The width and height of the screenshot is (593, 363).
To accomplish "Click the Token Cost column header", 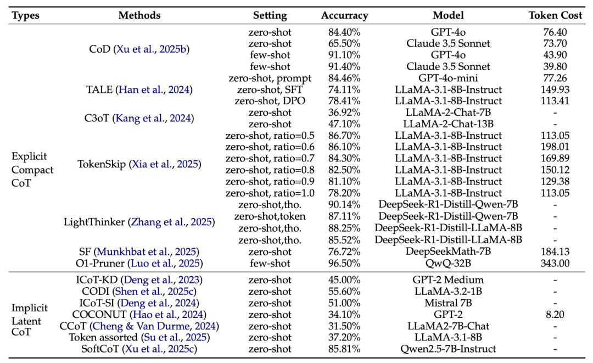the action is point(555,15).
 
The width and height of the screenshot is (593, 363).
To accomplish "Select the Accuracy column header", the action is point(344,16).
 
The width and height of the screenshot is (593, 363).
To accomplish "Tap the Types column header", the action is point(26,16).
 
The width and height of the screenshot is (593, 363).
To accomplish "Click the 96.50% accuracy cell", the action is point(344,263).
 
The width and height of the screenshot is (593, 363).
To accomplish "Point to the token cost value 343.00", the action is point(555,263).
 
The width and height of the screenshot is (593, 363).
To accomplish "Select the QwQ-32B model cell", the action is point(448,263).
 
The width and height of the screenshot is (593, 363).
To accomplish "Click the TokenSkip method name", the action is point(102,164).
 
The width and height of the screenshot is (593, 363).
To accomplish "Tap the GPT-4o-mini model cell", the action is point(448,78).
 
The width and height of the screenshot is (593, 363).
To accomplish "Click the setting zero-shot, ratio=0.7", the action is point(270,158).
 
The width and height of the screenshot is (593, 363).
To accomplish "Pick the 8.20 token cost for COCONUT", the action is point(555,315).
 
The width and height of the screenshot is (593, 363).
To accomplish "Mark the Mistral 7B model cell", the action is point(448,303).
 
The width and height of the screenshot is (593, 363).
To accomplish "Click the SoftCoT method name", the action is point(100,349).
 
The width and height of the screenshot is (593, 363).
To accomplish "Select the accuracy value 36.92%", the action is point(344,113).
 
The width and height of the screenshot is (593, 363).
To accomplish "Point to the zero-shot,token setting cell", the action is point(270,216).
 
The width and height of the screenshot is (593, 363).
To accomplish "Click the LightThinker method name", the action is point(94,222).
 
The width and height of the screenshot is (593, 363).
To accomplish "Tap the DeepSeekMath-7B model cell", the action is point(448,252).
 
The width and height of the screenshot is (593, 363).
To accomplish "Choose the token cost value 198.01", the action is point(555,147).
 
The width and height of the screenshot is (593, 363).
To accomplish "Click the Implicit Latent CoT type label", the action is point(30,320).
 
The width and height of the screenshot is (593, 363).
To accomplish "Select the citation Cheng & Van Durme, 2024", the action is point(154,326).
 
